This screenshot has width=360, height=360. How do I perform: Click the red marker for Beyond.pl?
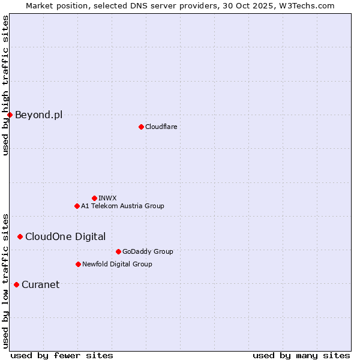(x=10, y=115)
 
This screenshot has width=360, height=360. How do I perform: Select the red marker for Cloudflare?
(x=141, y=127)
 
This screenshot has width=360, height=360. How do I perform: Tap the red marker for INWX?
(x=94, y=198)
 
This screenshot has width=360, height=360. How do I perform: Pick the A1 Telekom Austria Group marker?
(x=77, y=206)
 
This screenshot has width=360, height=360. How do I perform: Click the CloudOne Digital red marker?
(x=20, y=236)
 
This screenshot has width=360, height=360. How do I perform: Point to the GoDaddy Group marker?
(x=118, y=251)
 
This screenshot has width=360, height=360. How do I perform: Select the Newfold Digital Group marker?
(x=78, y=264)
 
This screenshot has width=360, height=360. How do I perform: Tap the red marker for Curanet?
(x=16, y=284)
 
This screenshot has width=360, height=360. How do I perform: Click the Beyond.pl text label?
(x=38, y=115)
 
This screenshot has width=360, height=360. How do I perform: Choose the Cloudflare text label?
(x=161, y=127)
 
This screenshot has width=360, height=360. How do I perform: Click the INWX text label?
(x=107, y=198)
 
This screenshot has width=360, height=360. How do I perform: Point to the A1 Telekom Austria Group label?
(x=122, y=206)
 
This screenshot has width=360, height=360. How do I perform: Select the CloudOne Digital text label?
(x=65, y=236)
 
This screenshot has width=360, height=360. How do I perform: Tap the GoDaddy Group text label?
(x=148, y=251)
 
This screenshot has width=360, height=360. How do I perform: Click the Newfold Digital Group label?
(x=117, y=264)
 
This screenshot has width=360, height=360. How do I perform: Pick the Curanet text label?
(x=40, y=284)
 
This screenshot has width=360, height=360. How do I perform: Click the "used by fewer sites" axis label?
(x=62, y=355)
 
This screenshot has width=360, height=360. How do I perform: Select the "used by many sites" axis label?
(x=301, y=355)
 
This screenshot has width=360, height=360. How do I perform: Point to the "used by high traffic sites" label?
(x=5, y=85)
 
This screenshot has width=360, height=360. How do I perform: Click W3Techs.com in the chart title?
(x=310, y=5)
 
